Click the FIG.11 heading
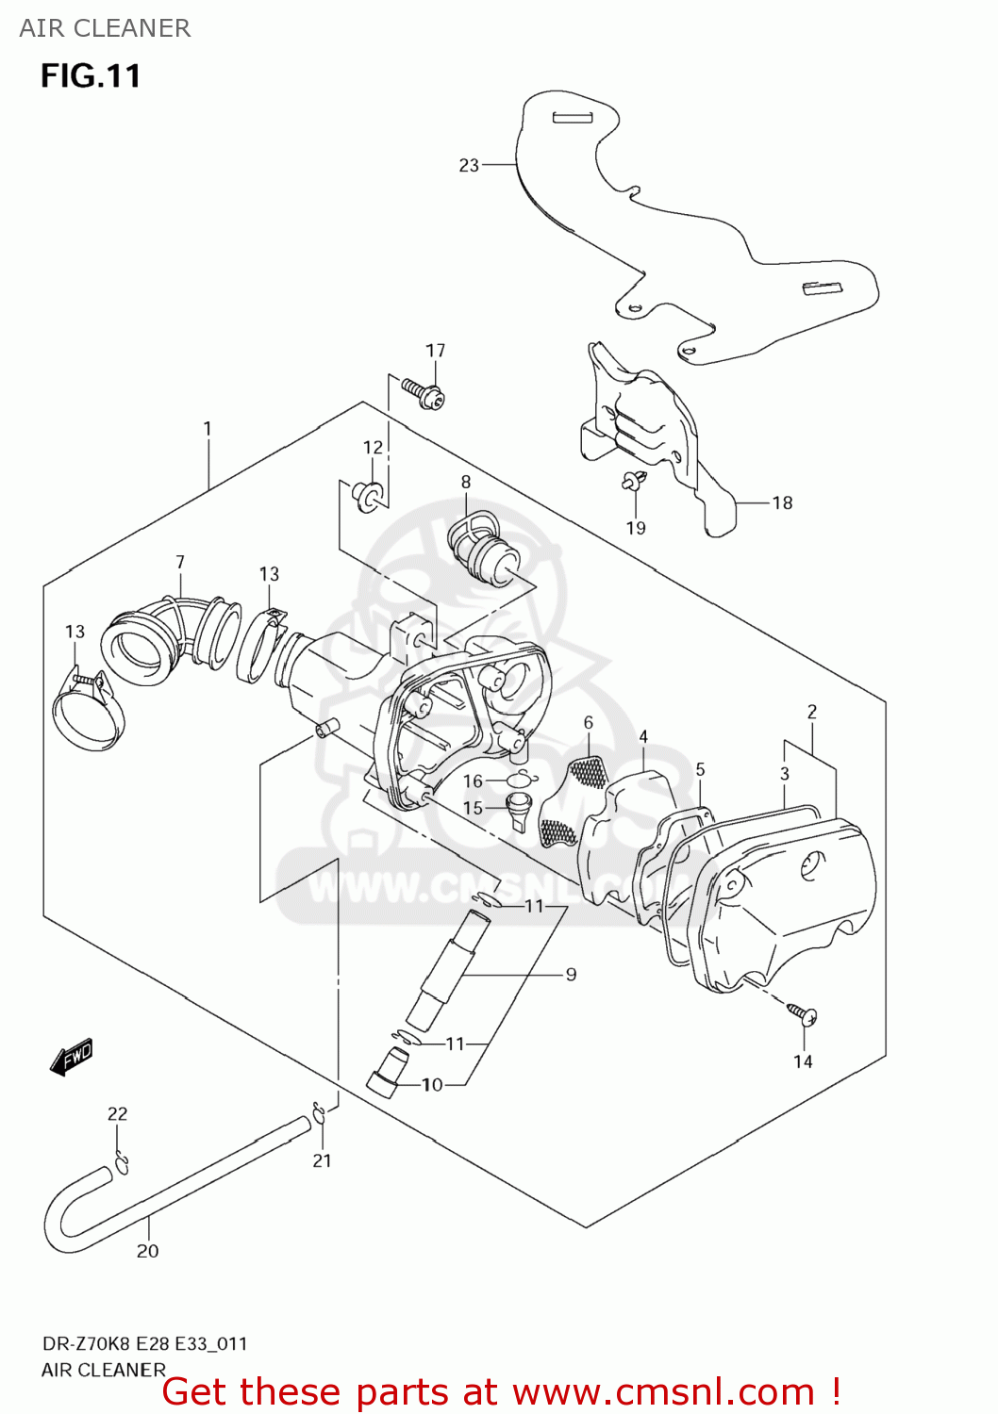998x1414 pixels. click(91, 75)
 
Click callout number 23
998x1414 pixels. click(469, 166)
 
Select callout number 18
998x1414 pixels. click(782, 503)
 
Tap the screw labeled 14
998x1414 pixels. click(803, 1014)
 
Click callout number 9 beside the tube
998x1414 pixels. click(571, 975)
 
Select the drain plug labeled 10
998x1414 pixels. click(385, 1073)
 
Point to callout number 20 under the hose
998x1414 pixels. click(148, 1252)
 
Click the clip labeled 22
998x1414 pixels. click(122, 1163)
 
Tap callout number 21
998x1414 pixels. click(323, 1161)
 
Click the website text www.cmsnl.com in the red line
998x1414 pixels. click(662, 1392)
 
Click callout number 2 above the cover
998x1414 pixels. click(811, 713)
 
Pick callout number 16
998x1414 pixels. click(473, 781)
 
